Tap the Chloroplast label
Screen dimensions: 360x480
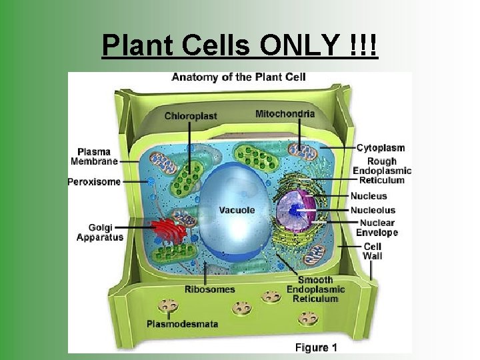coord(191,116)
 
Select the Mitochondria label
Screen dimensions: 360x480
coord(285,113)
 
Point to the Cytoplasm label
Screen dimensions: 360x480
coord(381,147)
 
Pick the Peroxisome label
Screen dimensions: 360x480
coord(94,181)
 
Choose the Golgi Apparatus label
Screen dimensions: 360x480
coord(100,232)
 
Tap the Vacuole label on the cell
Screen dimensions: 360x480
coord(237,210)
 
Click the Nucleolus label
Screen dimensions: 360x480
coord(373,210)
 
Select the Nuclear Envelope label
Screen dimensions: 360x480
coord(377,227)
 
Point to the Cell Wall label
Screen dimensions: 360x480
coord(372,251)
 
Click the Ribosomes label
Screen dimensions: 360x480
coord(210,289)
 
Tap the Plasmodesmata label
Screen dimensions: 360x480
coord(183,324)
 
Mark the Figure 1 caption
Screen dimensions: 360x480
coord(316,347)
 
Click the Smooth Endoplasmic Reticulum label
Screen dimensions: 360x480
coord(316,289)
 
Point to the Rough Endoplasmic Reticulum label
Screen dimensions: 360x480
coord(381,170)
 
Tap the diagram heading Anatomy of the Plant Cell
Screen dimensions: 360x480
coord(239,77)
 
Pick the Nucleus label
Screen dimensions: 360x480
coord(369,196)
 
